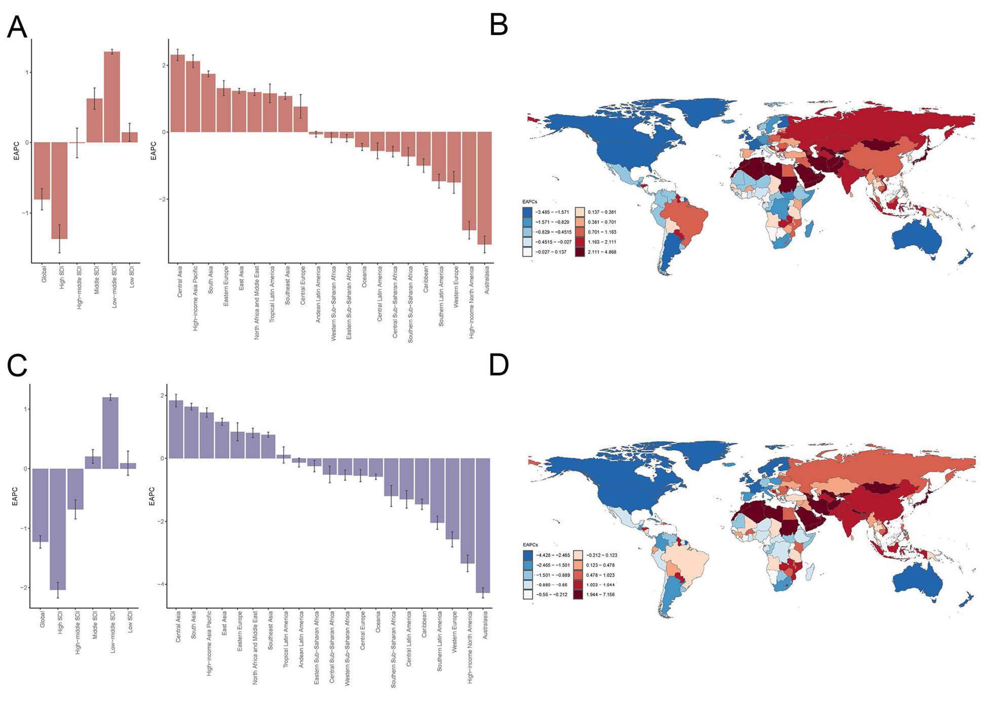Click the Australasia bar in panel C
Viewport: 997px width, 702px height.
[483, 525]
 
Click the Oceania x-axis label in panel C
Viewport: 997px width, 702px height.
[378, 623]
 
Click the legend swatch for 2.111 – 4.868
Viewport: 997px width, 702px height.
[581, 252]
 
